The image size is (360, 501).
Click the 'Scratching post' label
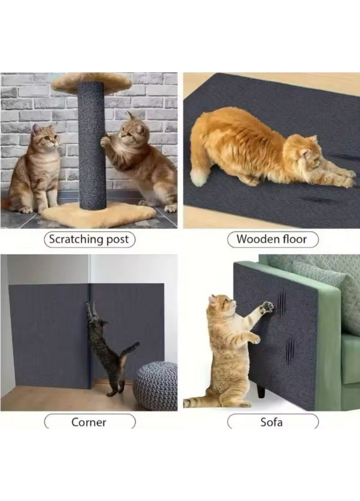pyautogui.click(x=89, y=239)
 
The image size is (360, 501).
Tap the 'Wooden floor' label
pyautogui.click(x=272, y=239)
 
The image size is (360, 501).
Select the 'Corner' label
pyautogui.click(x=89, y=422)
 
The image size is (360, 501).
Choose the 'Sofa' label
pyautogui.click(x=272, y=422)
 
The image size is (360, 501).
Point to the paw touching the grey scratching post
pyautogui.click(x=105, y=141)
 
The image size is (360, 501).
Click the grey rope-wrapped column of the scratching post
pyautogui.click(x=91, y=146)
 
